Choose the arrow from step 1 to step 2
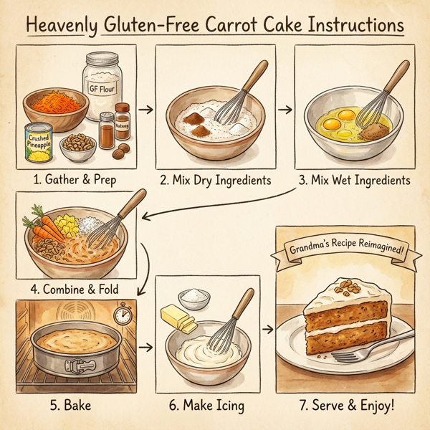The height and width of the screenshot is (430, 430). (x=145, y=110)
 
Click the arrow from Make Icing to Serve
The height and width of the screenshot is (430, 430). (x=267, y=329)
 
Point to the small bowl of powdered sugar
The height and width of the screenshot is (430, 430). (x=194, y=296)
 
